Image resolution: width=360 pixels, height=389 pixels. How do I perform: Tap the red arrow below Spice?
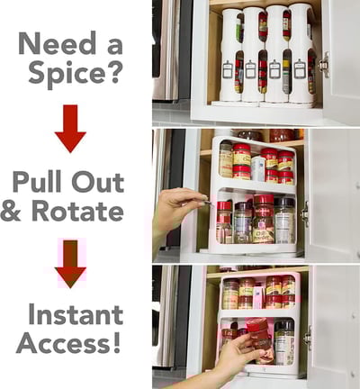coord(70,129)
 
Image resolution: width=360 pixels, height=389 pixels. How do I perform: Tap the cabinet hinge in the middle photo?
coord(305,214)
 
